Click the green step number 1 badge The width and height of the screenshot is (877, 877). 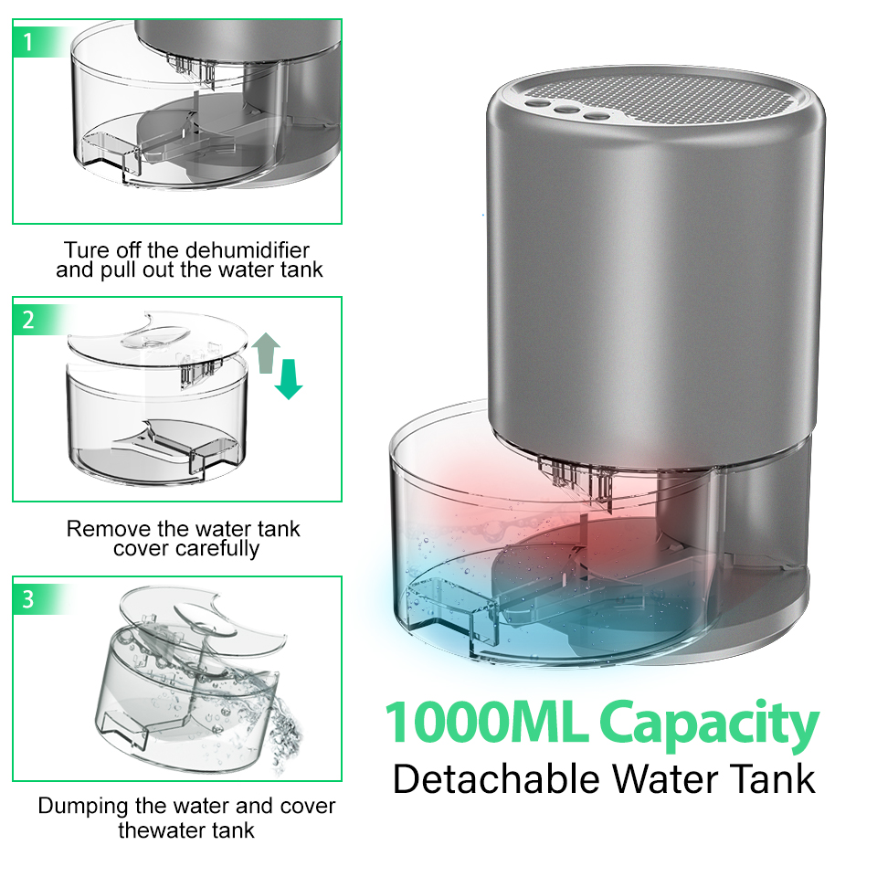(x=27, y=42)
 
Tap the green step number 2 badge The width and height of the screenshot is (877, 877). (x=28, y=320)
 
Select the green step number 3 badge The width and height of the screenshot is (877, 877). (x=28, y=599)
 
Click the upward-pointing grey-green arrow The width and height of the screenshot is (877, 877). (x=266, y=352)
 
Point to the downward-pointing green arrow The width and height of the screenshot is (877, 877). (x=289, y=378)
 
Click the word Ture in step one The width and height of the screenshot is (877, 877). (x=85, y=249)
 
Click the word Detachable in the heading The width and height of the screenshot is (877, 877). (x=497, y=779)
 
